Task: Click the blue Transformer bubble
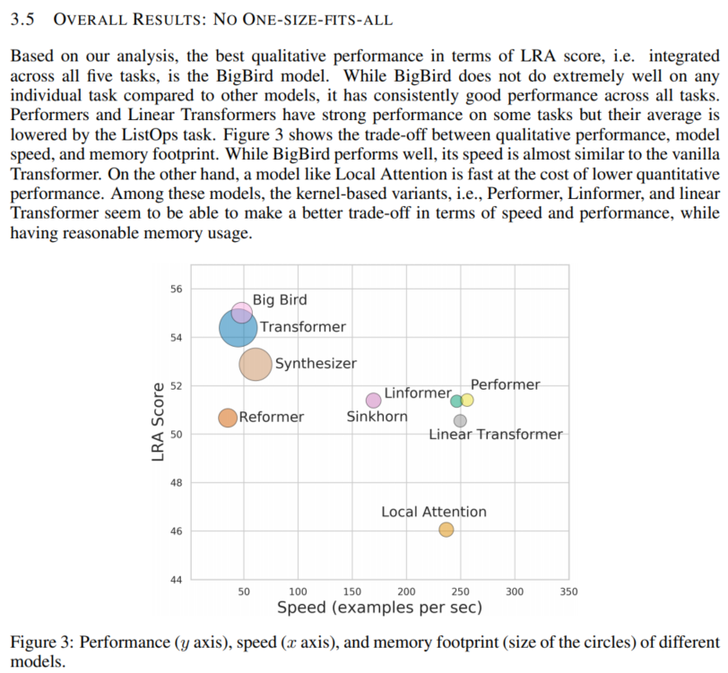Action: pyautogui.click(x=238, y=329)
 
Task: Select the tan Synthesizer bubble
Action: pyautogui.click(x=256, y=364)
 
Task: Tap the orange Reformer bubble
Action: pyautogui.click(x=228, y=418)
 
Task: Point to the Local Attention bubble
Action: pyautogui.click(x=446, y=530)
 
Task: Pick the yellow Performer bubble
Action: pyautogui.click(x=467, y=400)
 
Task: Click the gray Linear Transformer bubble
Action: pyautogui.click(x=460, y=420)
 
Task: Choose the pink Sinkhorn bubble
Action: pyautogui.click(x=373, y=401)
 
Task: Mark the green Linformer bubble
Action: pyautogui.click(x=456, y=401)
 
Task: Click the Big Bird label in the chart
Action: pyautogui.click(x=279, y=300)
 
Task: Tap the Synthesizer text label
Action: pyautogui.click(x=316, y=364)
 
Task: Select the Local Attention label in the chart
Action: pyautogui.click(x=434, y=512)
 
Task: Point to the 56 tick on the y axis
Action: pyautogui.click(x=176, y=289)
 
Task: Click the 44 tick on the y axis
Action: pyautogui.click(x=176, y=580)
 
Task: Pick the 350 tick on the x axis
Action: pyautogui.click(x=568, y=592)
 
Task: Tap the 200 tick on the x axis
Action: pyautogui.click(x=406, y=592)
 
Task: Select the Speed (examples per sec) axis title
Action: pyautogui.click(x=379, y=608)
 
